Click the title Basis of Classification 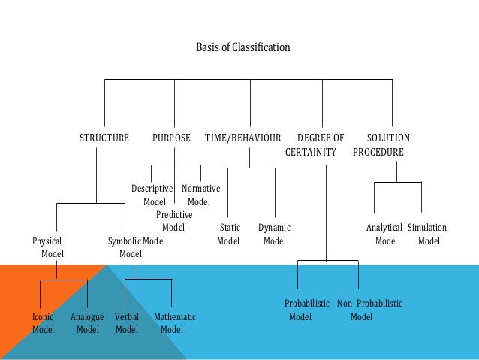point(243,47)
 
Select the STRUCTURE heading point(104,138)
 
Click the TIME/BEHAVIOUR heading point(243,138)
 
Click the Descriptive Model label point(152,195)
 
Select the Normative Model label point(200,195)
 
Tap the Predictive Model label point(173,221)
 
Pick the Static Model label point(229,234)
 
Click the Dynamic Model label point(274,234)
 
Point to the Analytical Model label point(384,234)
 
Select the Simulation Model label point(427,234)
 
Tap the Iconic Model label point(43,323)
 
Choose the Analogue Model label point(87,323)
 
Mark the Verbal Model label point(127,323)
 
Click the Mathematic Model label point(173,323)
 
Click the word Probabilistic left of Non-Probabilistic point(307,303)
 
